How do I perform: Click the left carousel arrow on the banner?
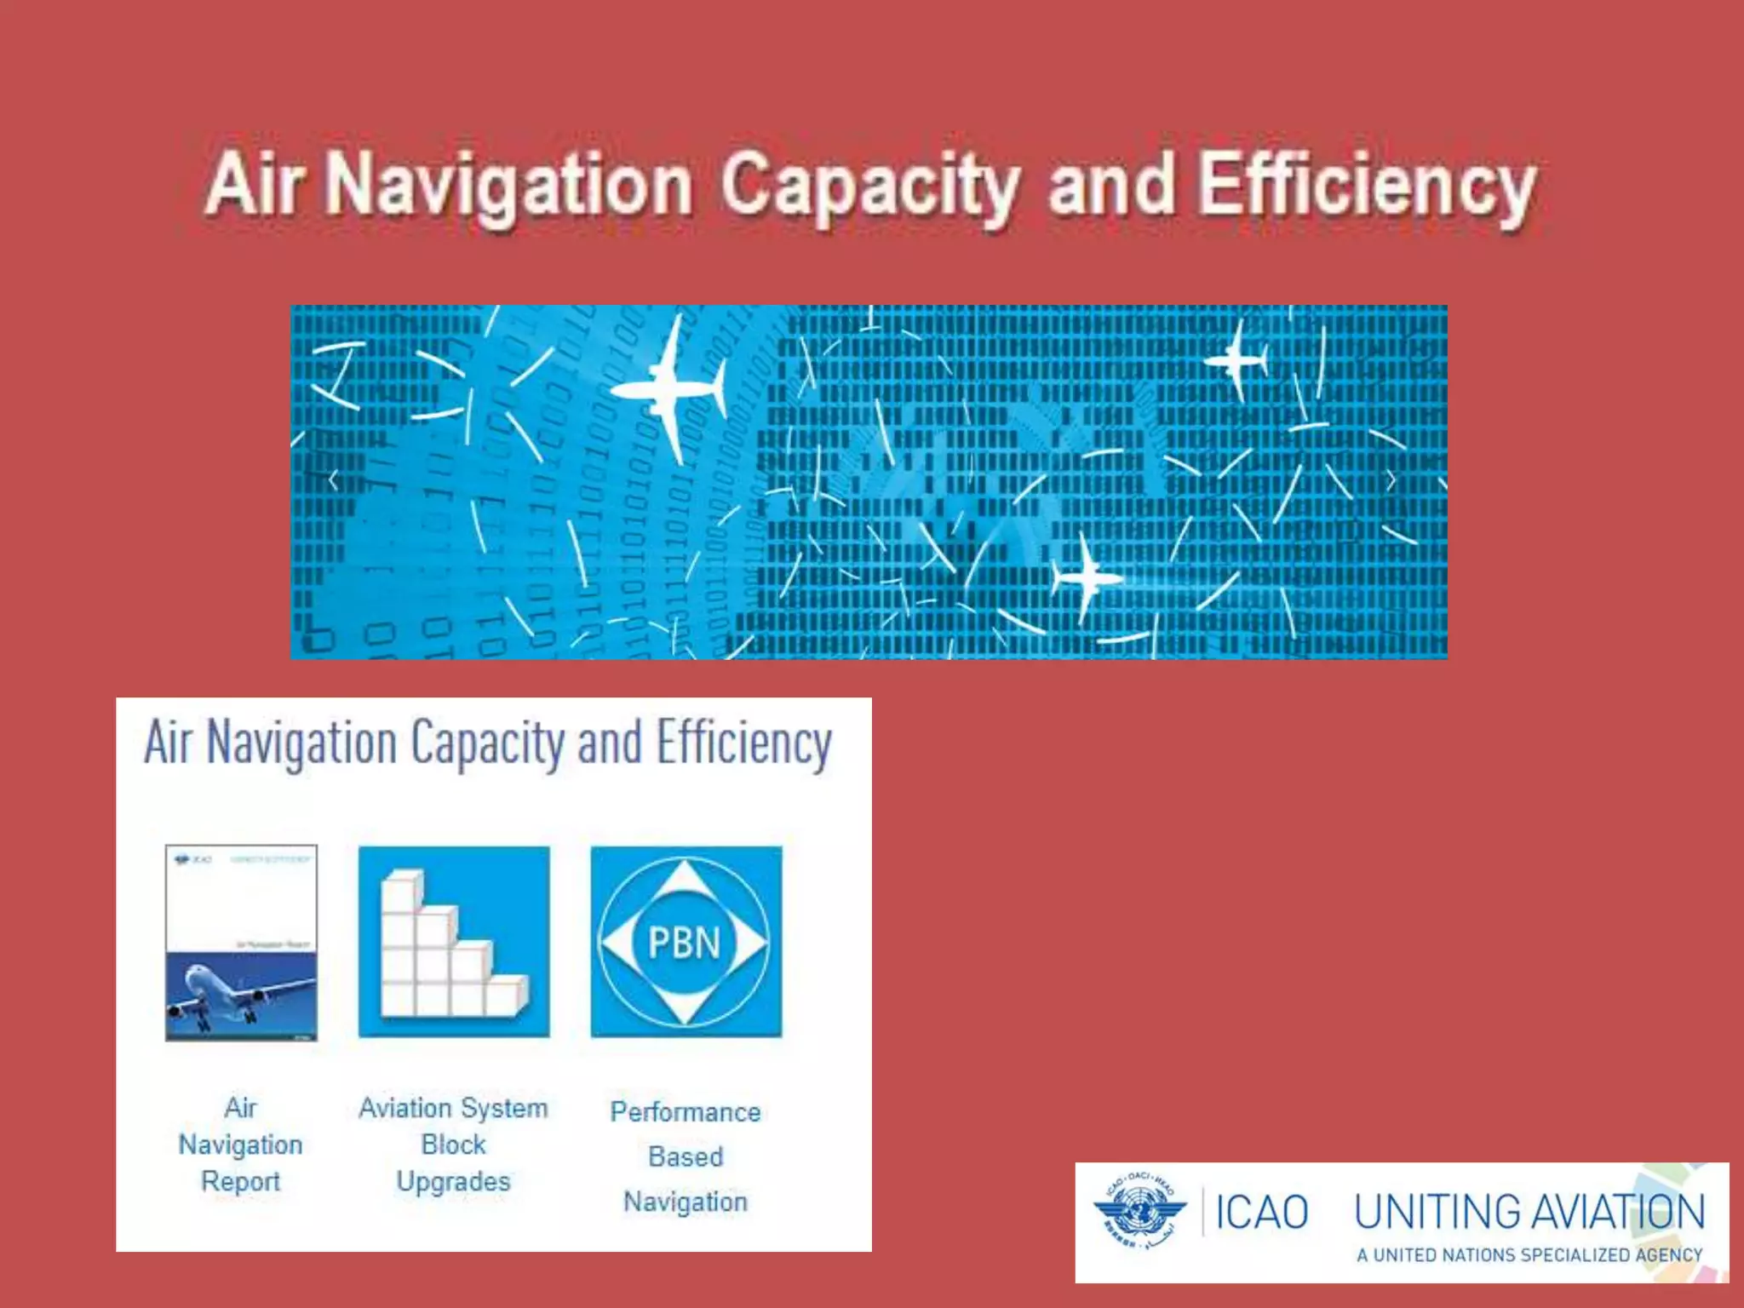[x=334, y=481]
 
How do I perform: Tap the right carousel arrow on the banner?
[x=1391, y=481]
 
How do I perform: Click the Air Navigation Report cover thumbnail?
[x=241, y=943]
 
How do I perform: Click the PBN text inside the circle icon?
[x=685, y=943]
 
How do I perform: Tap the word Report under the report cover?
[x=241, y=1182]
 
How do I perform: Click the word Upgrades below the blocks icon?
[x=453, y=1182]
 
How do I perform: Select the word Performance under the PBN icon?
[x=685, y=1112]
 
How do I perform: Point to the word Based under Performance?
[x=685, y=1157]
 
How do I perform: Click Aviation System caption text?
[x=453, y=1108]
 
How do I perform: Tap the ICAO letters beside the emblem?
[x=1261, y=1213]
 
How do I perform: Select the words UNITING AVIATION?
[x=1529, y=1213]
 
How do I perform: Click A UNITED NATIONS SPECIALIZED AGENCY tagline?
[x=1529, y=1255]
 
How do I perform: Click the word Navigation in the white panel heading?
[x=301, y=743]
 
